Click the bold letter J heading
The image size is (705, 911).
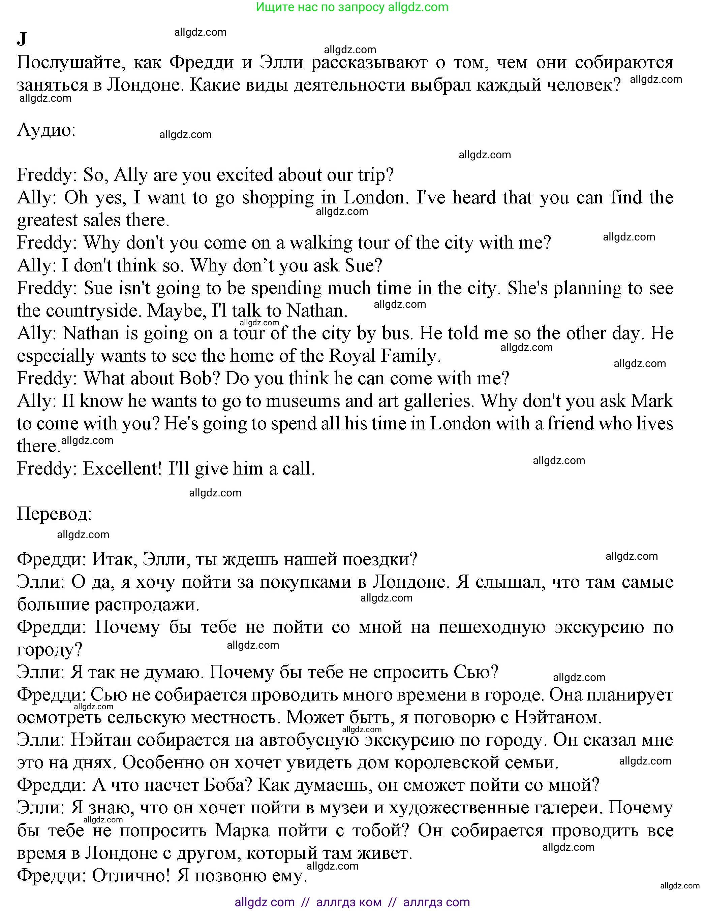click(x=22, y=39)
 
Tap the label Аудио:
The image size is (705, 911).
click(x=46, y=130)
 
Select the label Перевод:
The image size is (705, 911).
click(x=54, y=514)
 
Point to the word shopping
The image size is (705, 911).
click(x=278, y=197)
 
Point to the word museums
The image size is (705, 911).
click(x=303, y=400)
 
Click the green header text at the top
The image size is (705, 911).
click(x=352, y=7)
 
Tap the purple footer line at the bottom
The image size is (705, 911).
click(x=352, y=902)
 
